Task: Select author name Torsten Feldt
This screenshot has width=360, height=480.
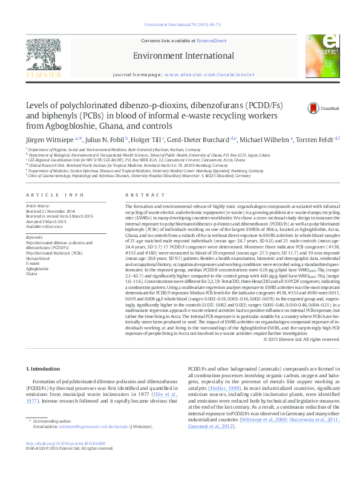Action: [x=313, y=140]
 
